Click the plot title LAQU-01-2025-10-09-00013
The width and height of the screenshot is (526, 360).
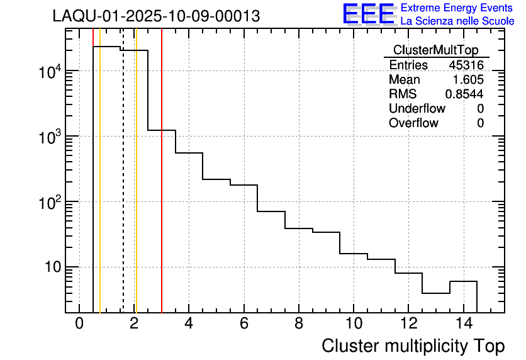(x=156, y=16)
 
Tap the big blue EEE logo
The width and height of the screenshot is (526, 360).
(x=368, y=14)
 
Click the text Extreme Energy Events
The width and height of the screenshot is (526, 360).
(x=456, y=8)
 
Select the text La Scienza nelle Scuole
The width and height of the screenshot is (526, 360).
(x=457, y=21)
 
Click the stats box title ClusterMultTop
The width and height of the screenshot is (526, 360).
(x=435, y=50)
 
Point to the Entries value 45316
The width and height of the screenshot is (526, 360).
(x=466, y=65)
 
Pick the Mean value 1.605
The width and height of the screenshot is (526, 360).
(x=469, y=80)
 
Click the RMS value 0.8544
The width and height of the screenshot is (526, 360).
(x=464, y=94)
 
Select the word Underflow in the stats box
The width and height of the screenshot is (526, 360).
(x=417, y=109)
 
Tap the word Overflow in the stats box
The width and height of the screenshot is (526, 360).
(x=413, y=123)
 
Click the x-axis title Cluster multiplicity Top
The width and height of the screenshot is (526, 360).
(x=413, y=346)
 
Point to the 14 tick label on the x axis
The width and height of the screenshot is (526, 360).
(x=462, y=324)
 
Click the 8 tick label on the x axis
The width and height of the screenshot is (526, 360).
(x=298, y=324)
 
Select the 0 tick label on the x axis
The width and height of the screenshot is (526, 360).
(x=79, y=324)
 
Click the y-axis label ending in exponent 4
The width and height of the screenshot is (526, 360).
(x=50, y=72)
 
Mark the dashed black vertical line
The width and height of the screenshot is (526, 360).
(x=123, y=189)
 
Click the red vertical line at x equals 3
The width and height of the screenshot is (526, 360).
(x=162, y=189)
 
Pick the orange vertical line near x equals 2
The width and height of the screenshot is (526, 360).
(x=136, y=189)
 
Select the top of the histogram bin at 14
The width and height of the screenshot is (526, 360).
(x=463, y=281)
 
